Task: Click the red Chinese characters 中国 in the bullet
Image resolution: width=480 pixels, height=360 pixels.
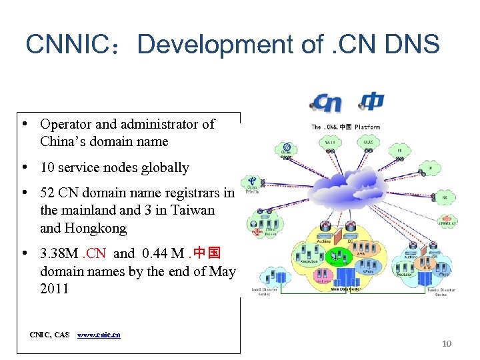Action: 207,254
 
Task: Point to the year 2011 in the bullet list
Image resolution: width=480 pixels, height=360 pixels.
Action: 55,289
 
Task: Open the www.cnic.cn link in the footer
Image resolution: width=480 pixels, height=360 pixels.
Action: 99,335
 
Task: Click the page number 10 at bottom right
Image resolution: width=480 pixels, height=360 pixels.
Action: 447,343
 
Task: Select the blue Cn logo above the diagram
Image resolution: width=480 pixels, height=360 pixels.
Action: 327,103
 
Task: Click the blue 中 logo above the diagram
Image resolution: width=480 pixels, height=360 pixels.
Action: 372,101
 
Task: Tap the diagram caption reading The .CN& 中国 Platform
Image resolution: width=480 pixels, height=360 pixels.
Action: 346,127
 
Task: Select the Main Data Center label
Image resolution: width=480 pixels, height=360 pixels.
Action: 346,289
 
